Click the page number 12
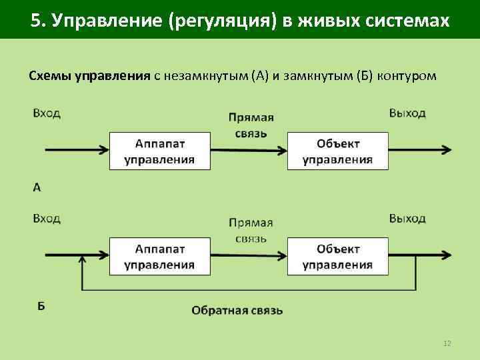click(447, 343)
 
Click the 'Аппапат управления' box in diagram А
click(159, 151)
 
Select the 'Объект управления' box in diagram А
click(338, 151)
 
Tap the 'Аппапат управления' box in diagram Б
click(159, 257)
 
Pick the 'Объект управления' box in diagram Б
click(338, 257)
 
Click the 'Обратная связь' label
click(237, 310)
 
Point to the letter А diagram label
click(37, 188)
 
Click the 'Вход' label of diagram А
click(47, 113)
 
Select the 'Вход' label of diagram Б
click(47, 219)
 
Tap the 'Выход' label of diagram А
click(407, 113)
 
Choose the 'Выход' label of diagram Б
click(407, 219)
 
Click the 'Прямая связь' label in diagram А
click(251, 125)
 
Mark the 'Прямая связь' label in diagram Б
click(251, 231)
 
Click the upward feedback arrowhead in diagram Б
click(82, 262)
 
